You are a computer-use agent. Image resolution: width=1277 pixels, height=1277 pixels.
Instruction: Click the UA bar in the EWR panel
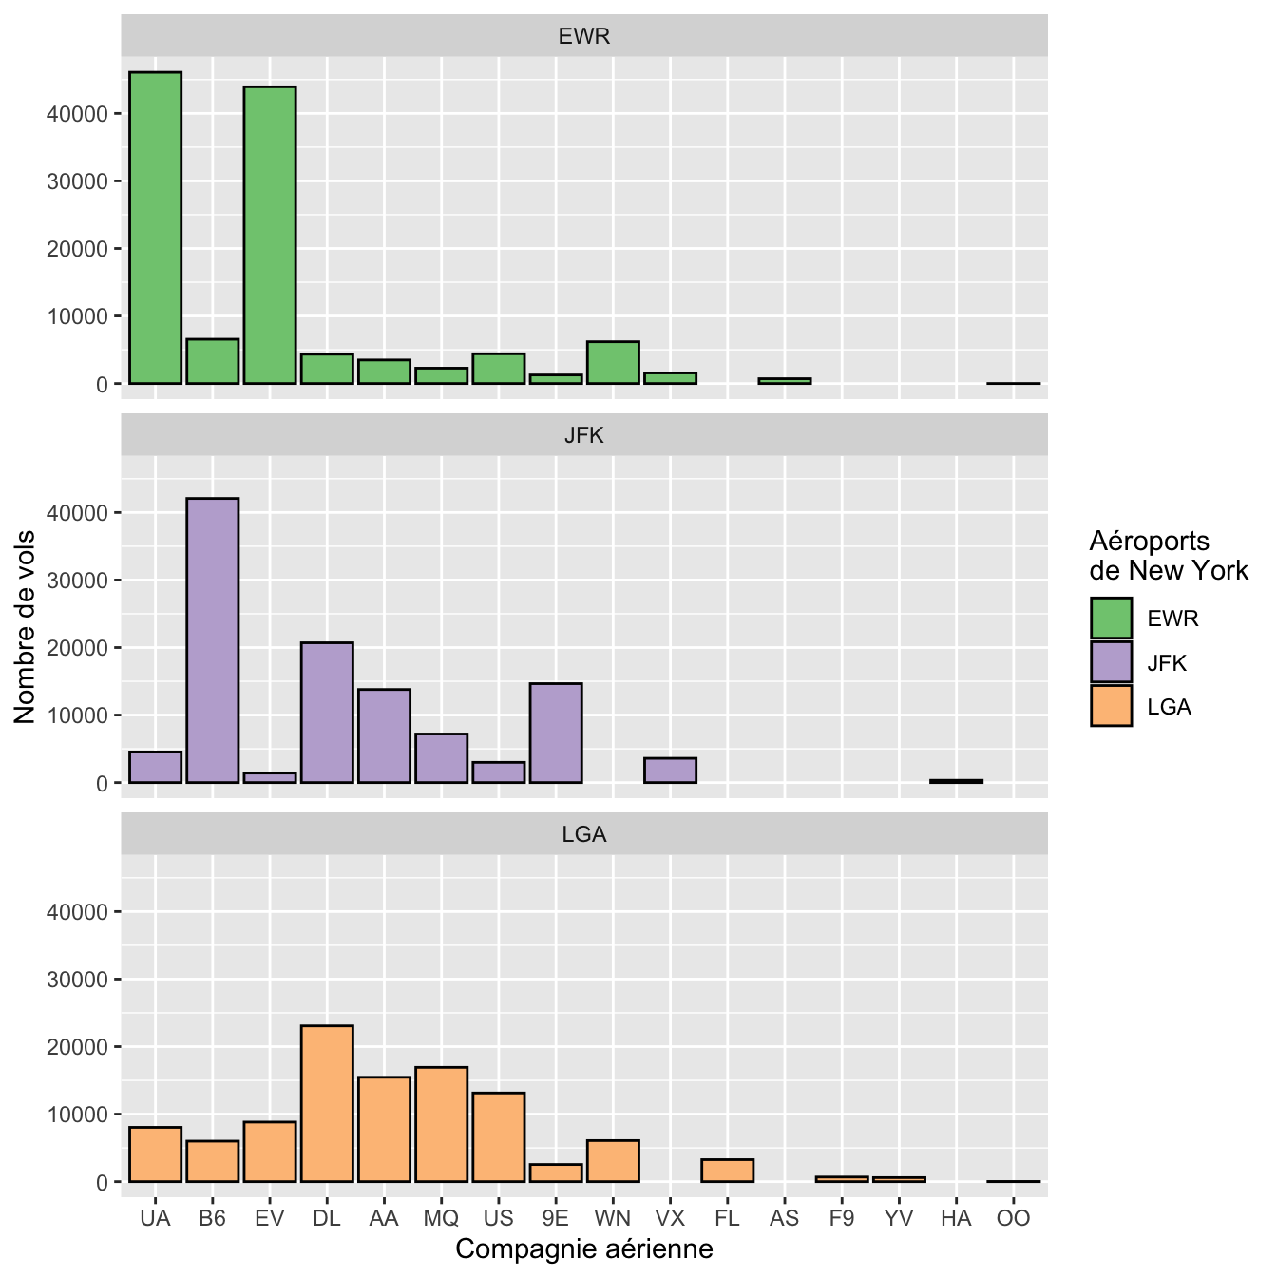tap(155, 228)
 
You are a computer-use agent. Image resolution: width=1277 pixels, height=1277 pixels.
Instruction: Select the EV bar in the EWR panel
tap(270, 236)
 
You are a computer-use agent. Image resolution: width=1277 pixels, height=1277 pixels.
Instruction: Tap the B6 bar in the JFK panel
tap(213, 640)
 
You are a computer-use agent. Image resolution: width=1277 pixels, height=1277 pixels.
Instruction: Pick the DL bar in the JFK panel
tap(327, 713)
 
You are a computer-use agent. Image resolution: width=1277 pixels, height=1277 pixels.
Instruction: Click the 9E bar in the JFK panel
tap(556, 733)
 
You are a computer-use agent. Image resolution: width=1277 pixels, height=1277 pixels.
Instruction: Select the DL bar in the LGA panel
tap(327, 1103)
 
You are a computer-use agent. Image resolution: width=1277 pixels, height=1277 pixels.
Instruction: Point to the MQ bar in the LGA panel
tap(441, 1124)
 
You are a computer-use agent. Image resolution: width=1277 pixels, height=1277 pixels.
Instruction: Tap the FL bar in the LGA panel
tap(727, 1171)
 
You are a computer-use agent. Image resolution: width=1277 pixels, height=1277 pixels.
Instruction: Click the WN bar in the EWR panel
tap(613, 362)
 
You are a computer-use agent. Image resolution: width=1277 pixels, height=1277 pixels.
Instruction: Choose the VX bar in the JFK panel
tap(670, 771)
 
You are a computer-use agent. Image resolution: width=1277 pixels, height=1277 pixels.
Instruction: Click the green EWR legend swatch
tap(1111, 618)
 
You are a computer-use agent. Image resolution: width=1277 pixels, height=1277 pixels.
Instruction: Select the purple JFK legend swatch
tap(1111, 662)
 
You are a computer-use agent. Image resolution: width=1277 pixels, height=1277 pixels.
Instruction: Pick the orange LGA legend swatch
tap(1111, 706)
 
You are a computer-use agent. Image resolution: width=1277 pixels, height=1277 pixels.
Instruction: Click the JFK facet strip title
tap(584, 435)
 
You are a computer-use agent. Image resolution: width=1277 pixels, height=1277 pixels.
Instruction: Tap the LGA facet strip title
tap(584, 834)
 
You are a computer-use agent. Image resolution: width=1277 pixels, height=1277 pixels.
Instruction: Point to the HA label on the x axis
tap(956, 1218)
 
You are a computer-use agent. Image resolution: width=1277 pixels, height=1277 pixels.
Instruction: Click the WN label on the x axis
tap(613, 1218)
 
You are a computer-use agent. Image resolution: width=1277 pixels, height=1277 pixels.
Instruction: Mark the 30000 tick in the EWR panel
tap(77, 181)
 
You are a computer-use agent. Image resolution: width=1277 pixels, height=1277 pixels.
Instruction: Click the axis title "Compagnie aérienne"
tap(584, 1248)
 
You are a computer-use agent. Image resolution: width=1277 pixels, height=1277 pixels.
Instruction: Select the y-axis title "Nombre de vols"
tap(26, 627)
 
